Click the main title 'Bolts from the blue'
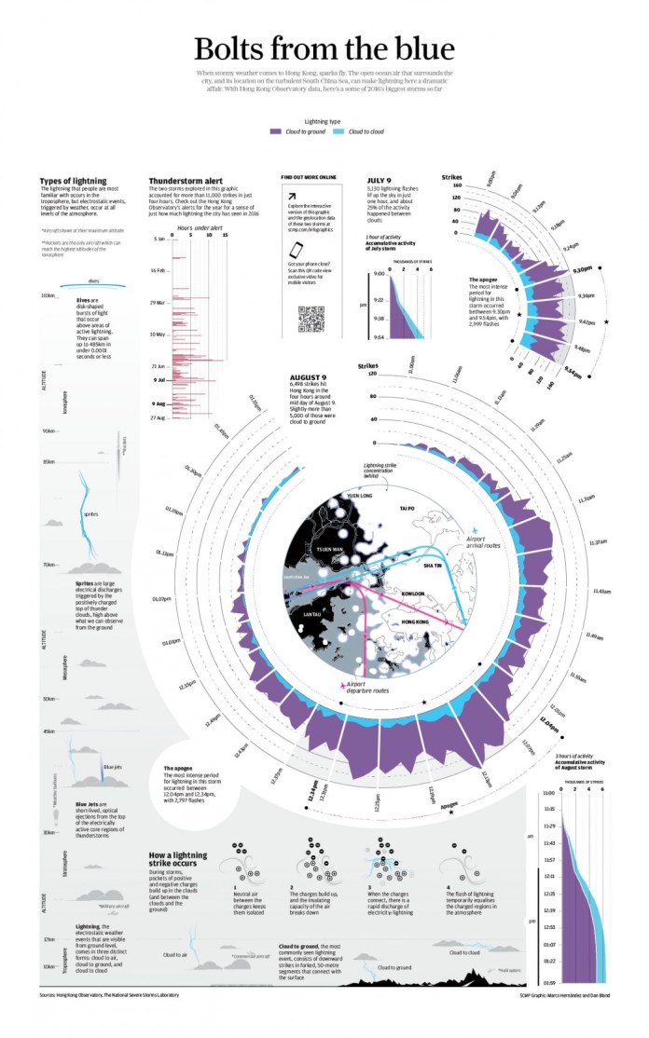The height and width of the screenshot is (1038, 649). point(324,48)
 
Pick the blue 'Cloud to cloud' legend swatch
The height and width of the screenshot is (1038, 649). point(340,133)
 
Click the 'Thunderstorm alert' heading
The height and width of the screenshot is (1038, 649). point(185,181)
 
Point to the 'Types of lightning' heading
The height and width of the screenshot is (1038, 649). point(74,181)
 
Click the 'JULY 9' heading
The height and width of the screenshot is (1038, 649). point(380,181)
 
